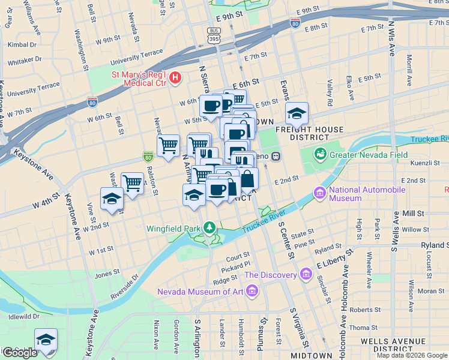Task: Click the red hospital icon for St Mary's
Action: tap(175, 77)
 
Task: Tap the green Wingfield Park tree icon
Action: tap(209, 227)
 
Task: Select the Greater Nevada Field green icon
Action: tap(321, 154)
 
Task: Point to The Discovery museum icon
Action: tap(306, 275)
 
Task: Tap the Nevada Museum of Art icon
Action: tap(252, 292)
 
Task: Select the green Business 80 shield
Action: tap(148, 157)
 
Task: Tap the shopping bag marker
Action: tap(247, 178)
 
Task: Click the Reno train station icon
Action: tap(276, 157)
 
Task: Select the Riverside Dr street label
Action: tap(127, 287)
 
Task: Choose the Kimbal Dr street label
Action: tap(22, 44)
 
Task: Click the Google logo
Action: tap(19, 353)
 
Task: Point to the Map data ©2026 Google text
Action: tap(411, 355)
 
